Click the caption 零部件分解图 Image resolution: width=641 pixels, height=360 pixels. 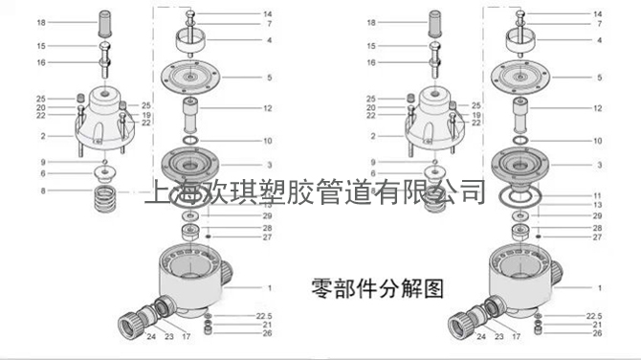click(x=377, y=286)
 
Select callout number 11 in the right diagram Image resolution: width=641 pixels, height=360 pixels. click(x=597, y=195)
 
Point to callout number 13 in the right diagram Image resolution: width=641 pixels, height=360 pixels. click(x=597, y=205)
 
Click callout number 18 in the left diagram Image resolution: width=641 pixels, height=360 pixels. click(x=40, y=21)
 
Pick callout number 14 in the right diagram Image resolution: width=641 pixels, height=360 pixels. click(x=597, y=13)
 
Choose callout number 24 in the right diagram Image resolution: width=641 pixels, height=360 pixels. click(x=482, y=336)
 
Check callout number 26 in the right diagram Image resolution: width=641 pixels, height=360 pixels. click(x=597, y=332)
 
